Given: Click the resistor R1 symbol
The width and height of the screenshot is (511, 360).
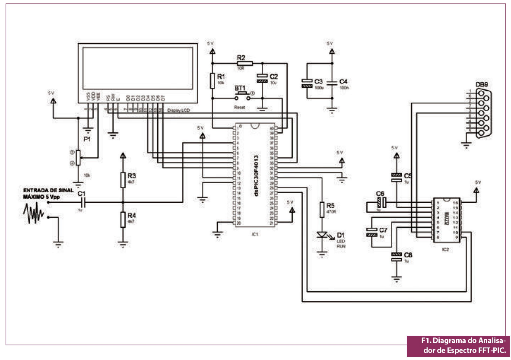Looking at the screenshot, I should point(212,80).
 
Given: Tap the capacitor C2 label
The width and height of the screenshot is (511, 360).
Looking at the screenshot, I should point(274,76).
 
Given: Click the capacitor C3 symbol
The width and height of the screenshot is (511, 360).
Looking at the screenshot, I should point(306,83).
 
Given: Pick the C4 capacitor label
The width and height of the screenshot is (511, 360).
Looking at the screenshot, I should point(343,81).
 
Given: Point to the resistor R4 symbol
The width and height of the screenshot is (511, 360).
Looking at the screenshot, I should point(123,219).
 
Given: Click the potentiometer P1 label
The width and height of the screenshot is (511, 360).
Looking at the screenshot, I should point(87,139).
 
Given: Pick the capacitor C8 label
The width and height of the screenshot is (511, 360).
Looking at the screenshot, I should point(408,255).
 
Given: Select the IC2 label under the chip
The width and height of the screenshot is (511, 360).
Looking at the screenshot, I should point(445,250).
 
